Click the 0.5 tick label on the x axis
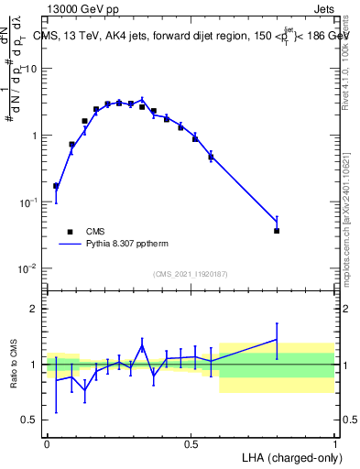[x=191, y=443]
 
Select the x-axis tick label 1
[x=335, y=443]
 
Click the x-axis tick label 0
[x=47, y=443]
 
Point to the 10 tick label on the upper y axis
[x=31, y=70]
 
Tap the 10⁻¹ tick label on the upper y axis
[x=28, y=202]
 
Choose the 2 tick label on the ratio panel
[x=35, y=309]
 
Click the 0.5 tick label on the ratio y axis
[x=30, y=420]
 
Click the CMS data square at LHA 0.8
[x=277, y=231]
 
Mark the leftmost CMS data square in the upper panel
[x=56, y=186]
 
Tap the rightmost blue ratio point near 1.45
[x=277, y=340]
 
